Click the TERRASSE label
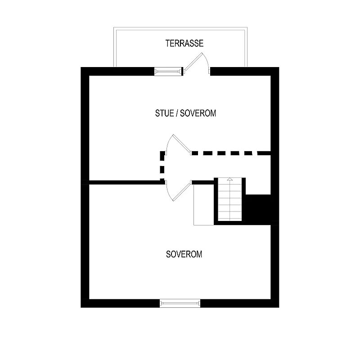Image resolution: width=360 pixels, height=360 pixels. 184,43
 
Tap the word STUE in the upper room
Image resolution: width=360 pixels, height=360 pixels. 164,113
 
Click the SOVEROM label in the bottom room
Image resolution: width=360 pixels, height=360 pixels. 184,254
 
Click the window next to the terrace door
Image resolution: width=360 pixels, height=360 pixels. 168,72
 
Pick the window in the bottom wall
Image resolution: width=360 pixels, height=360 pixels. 180,303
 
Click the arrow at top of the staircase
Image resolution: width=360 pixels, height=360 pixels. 230,179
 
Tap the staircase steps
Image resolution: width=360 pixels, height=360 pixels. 230,199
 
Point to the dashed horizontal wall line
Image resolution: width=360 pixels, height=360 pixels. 231,153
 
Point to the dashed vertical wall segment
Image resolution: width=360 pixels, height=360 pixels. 162,166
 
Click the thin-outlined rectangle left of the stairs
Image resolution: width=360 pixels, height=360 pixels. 204,205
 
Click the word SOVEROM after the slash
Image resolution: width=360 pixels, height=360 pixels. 198,113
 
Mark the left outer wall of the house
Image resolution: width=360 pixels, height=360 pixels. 85,187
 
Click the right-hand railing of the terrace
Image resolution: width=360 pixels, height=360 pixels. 246,47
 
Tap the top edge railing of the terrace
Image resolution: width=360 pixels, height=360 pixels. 180,29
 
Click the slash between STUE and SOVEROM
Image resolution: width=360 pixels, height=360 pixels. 177,113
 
